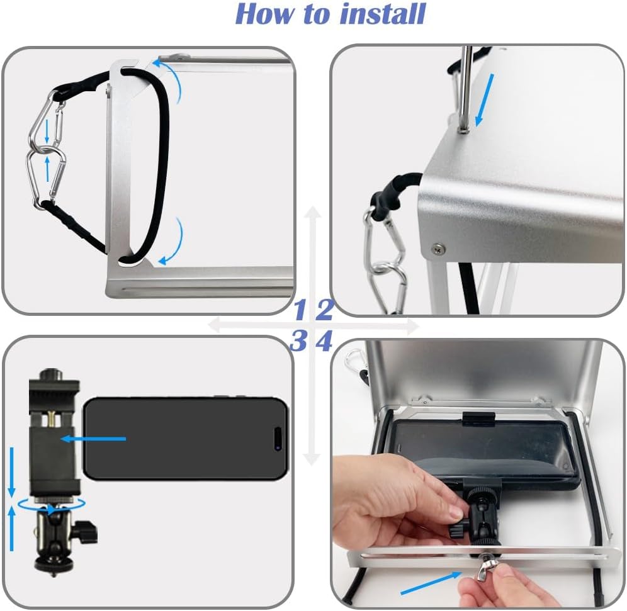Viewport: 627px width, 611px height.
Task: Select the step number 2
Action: coord(324,310)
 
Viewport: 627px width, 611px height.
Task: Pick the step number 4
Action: coord(324,341)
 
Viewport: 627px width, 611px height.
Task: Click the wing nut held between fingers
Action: coord(485,572)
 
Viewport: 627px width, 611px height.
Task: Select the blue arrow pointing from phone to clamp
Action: coord(93,439)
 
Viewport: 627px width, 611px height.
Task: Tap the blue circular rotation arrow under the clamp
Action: coord(52,504)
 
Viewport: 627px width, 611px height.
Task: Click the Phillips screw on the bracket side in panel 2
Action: coord(438,249)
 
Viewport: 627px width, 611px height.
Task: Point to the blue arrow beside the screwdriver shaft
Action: coord(484,100)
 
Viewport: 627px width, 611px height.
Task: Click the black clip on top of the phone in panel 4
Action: coord(479,418)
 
